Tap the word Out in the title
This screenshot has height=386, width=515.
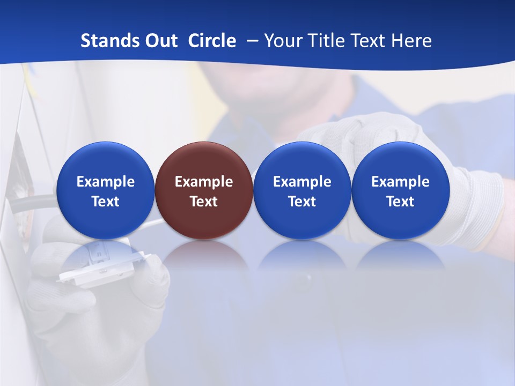coord(159,41)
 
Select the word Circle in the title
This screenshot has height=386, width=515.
coord(212,41)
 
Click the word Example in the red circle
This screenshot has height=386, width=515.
coord(204,182)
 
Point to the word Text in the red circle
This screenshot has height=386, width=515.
coord(204,202)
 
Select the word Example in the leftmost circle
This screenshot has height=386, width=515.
coord(105,182)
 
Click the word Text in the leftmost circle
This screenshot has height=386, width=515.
coord(105,202)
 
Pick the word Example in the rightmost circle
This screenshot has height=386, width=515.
coord(400,182)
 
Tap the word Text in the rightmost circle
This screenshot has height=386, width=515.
coord(400,202)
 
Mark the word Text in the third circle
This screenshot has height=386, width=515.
coord(302,202)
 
